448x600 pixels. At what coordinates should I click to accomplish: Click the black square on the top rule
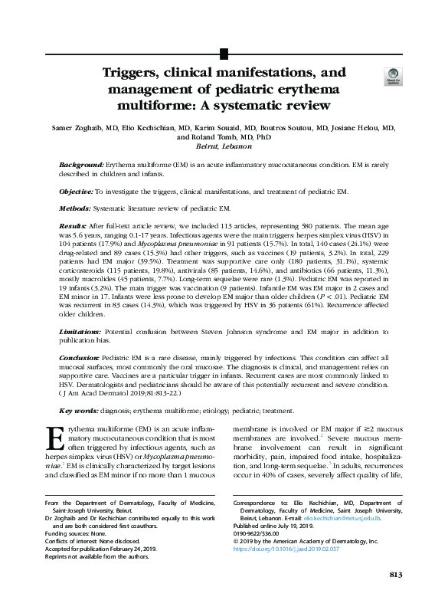pyautogui.click(x=224, y=53)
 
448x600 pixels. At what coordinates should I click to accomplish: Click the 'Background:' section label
pyautogui.click(x=82, y=166)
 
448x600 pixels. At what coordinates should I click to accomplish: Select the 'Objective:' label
pyautogui.click(x=76, y=190)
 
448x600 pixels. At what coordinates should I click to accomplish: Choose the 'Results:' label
pyautogui.click(x=73, y=228)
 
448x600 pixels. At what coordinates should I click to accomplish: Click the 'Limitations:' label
pyautogui.click(x=80, y=331)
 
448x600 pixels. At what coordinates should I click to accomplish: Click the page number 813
pyautogui.click(x=395, y=574)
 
